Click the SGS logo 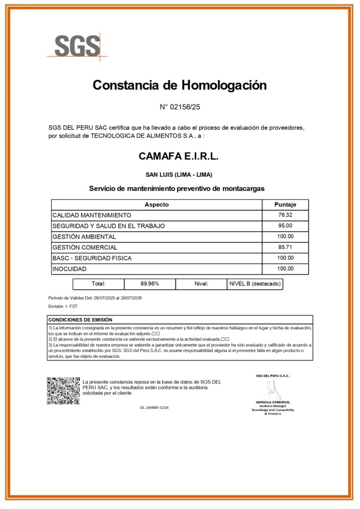tap(77, 46)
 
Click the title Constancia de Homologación tap(180, 85)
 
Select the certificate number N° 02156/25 tap(180, 107)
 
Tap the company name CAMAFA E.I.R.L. tap(179, 156)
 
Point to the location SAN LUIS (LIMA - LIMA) tap(179, 175)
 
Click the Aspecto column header tap(157, 205)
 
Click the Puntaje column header tap(285, 205)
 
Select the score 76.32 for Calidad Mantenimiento tap(285, 215)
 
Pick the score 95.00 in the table tap(285, 226)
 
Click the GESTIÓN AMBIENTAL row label tap(84, 236)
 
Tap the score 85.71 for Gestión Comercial tap(285, 247)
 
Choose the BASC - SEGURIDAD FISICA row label tap(92, 258)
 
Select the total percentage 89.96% tap(150, 284)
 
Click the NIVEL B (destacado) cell tap(255, 284)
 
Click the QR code tap(63, 391)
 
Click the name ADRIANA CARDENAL tap(273, 402)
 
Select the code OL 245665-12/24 tap(154, 408)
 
